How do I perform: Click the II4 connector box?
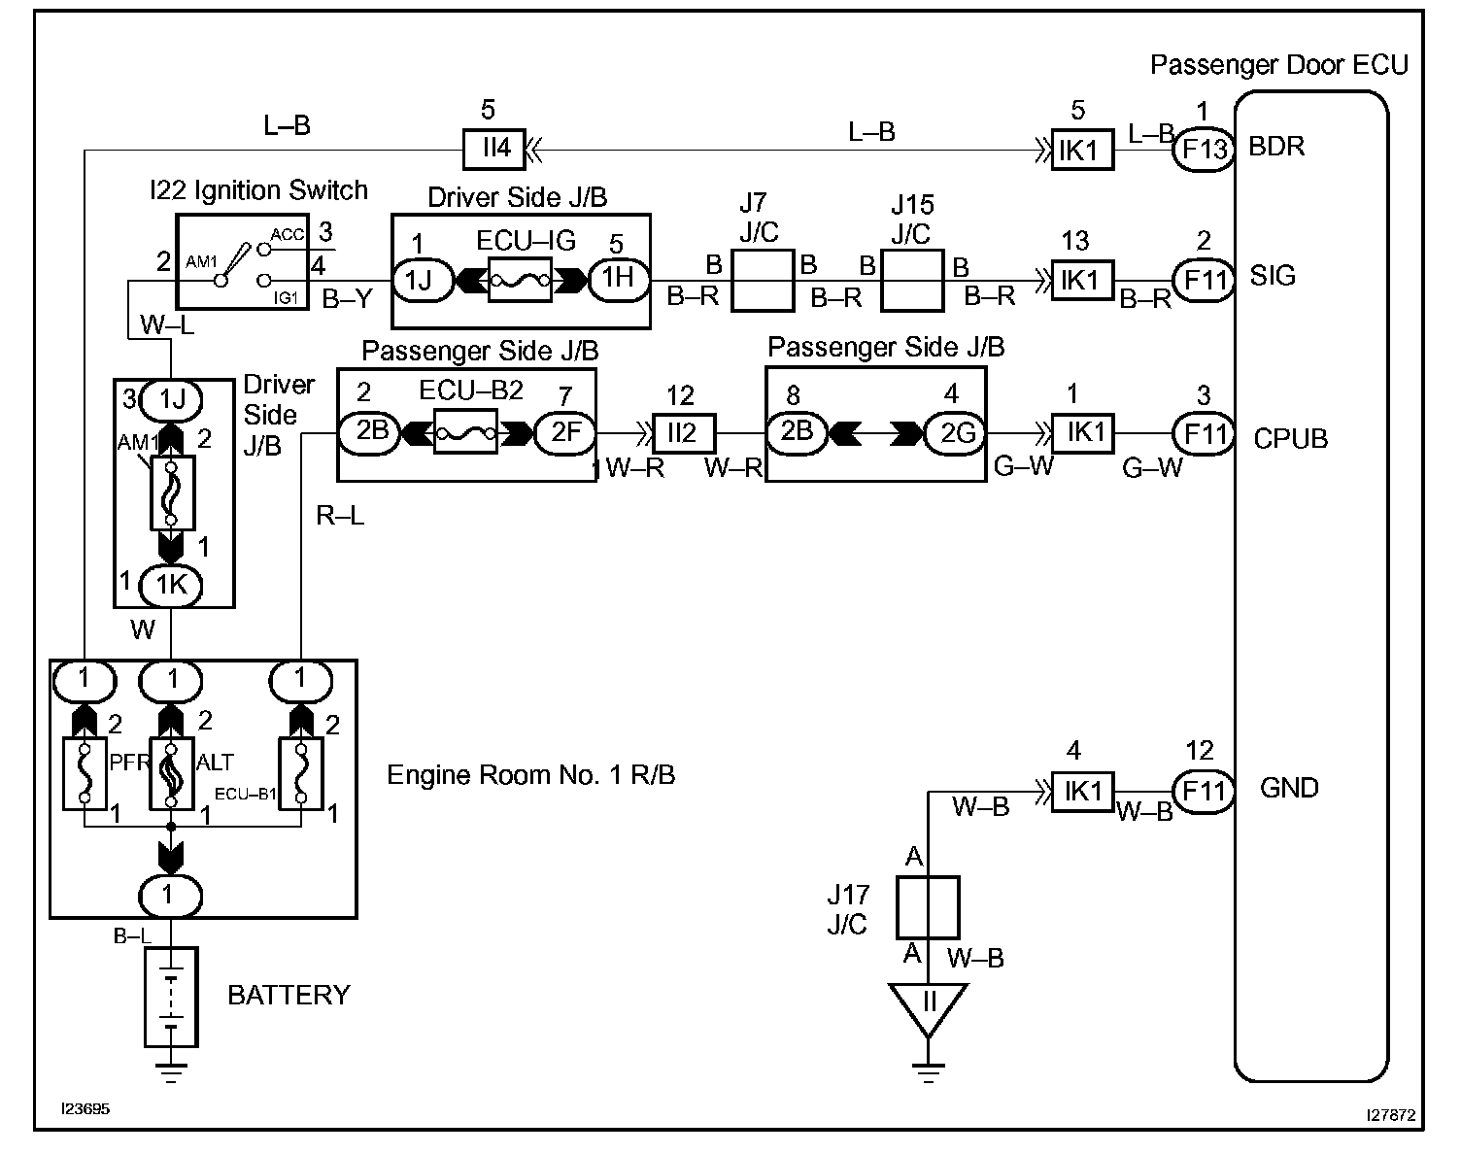(x=496, y=149)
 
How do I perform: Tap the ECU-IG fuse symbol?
(x=520, y=281)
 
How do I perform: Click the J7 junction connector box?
(x=762, y=281)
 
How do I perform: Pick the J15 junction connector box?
(x=912, y=281)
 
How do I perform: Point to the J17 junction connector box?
(x=927, y=907)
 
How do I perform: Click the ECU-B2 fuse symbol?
(x=465, y=431)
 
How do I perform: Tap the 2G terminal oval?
(x=956, y=431)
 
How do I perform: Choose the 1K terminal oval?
(x=171, y=584)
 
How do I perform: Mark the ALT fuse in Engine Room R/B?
(x=171, y=774)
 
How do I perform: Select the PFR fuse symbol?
(x=85, y=774)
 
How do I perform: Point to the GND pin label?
(x=1289, y=788)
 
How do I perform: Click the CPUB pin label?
(x=1290, y=439)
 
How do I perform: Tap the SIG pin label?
(x=1273, y=277)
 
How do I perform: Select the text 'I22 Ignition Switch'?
(x=258, y=190)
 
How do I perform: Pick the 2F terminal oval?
(x=564, y=431)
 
